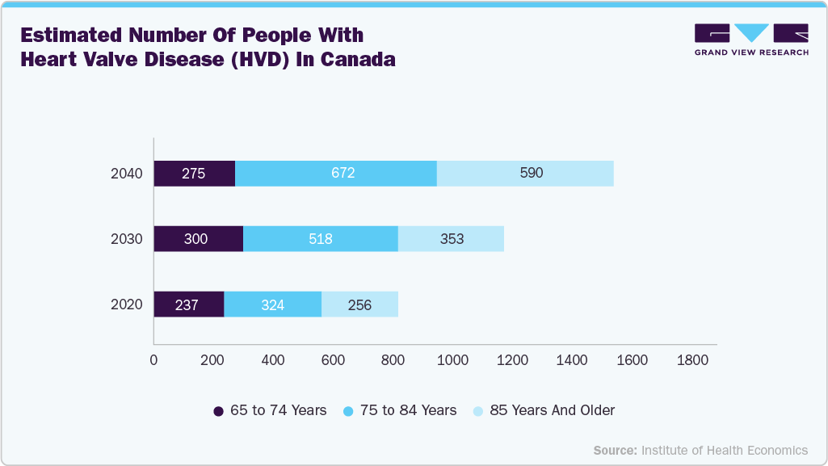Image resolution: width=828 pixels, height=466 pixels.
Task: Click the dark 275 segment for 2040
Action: tap(194, 173)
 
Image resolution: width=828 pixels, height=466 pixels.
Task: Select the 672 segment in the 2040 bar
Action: tap(335, 173)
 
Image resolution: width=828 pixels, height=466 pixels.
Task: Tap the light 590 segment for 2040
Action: tap(525, 173)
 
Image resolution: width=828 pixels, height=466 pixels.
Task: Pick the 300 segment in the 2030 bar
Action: tap(198, 238)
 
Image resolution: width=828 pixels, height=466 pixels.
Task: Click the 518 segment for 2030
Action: tap(320, 238)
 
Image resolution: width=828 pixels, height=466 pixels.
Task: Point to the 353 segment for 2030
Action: tap(451, 238)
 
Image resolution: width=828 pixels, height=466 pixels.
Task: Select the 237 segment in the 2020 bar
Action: tap(188, 304)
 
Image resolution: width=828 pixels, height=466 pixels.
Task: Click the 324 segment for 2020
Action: tap(272, 304)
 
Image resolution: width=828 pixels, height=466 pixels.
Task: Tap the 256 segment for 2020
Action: tap(359, 304)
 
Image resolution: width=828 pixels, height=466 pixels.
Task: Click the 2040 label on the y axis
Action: tap(126, 173)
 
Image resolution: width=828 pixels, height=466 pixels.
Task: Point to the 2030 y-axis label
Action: tap(126, 239)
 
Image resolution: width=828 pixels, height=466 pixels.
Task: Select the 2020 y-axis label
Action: tap(126, 304)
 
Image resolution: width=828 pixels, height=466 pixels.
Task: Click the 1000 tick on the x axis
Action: tap(452, 360)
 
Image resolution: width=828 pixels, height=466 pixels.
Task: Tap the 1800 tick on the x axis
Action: tap(691, 360)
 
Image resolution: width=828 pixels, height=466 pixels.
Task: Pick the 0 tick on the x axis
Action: tap(153, 360)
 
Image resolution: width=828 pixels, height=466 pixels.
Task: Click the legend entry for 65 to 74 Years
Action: tap(270, 410)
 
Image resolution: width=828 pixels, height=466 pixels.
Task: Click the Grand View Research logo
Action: tap(751, 39)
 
